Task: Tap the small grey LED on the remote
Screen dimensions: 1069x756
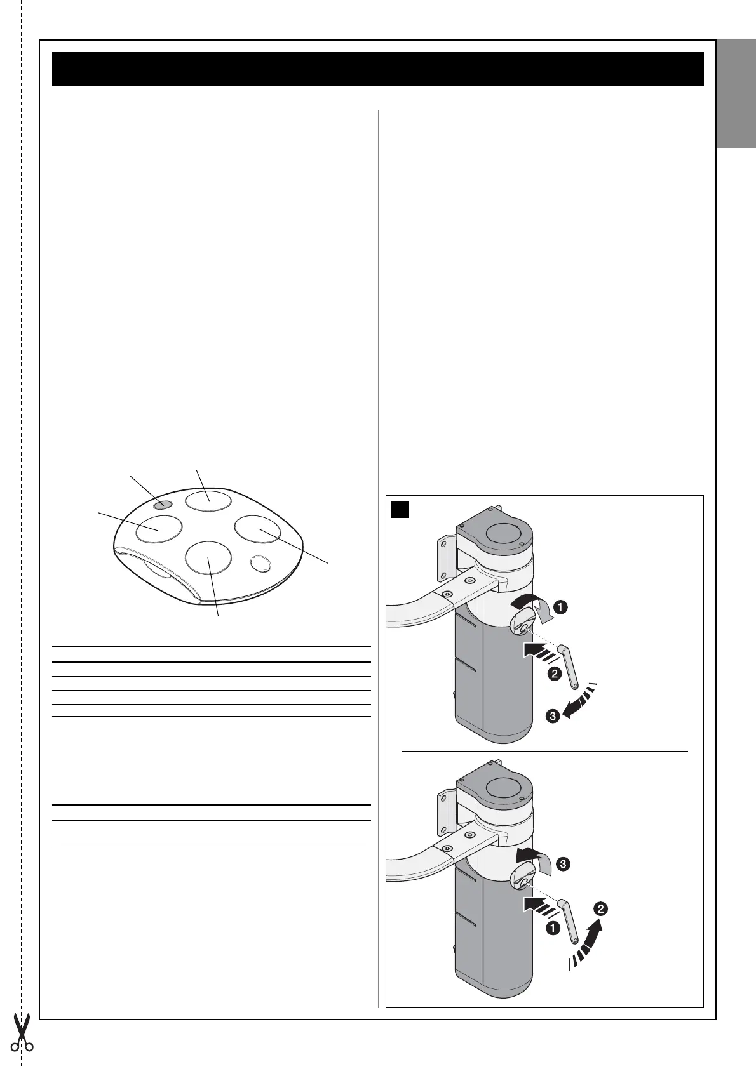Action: coord(163,505)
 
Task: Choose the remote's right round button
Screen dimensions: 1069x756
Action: coord(258,529)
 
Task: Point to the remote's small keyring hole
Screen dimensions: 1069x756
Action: coord(260,563)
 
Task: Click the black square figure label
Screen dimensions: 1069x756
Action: coord(400,509)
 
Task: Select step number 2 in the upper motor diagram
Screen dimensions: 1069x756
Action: coord(553,674)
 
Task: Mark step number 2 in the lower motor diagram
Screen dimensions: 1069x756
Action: coord(601,909)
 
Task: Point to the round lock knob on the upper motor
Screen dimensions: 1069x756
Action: coord(522,624)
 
